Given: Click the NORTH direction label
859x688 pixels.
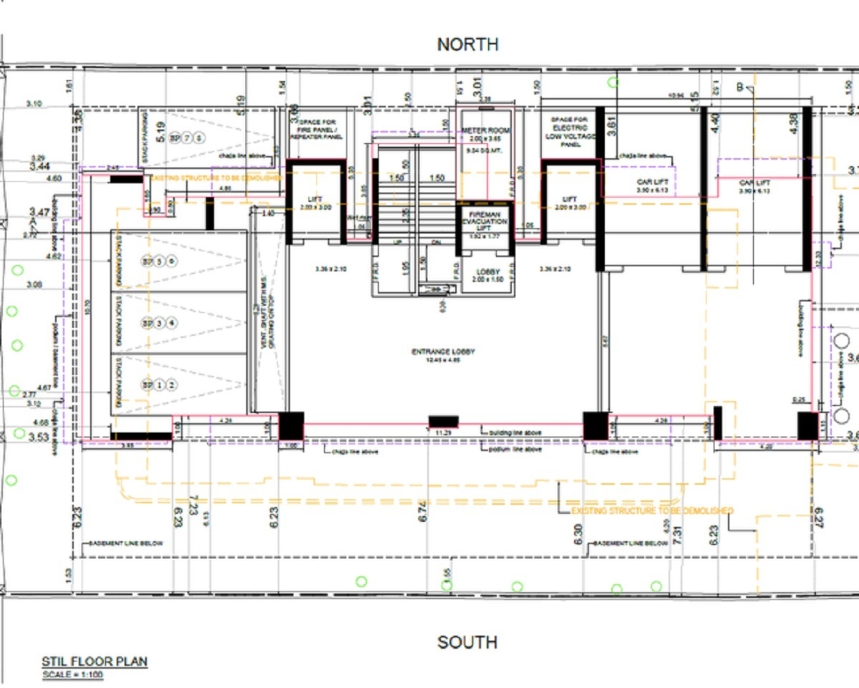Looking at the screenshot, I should click(x=467, y=44).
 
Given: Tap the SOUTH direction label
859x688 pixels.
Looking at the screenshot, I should click(x=467, y=641).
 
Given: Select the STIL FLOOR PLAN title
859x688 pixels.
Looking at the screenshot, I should click(x=94, y=662).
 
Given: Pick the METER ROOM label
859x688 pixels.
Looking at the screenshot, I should click(x=485, y=130).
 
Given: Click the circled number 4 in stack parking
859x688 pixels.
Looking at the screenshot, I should click(x=172, y=323).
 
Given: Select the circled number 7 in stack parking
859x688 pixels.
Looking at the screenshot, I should click(x=188, y=138).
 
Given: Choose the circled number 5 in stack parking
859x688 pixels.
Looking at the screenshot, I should click(x=160, y=261).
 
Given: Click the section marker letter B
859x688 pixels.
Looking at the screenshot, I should click(x=740, y=87).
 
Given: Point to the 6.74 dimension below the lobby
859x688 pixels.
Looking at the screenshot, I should click(x=422, y=510).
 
